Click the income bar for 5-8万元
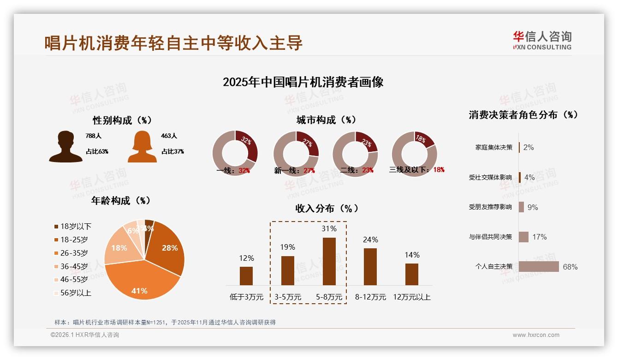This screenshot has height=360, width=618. tap(329, 261)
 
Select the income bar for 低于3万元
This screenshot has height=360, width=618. tap(246, 276)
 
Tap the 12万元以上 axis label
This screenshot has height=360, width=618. tap(411, 297)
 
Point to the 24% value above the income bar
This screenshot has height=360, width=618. tap(370, 240)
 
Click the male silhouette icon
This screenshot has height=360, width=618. tap(65, 147)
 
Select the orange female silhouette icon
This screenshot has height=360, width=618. tap(142, 147)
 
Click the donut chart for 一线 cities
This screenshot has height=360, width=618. tap(235, 154)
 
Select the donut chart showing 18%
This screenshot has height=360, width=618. tap(414, 154)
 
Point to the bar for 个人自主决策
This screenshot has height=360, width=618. tap(539, 266)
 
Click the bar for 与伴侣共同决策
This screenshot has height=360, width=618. tap(523, 237)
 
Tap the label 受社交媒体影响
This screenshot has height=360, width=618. tap(490, 177)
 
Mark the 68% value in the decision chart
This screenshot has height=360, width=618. tap(570, 267)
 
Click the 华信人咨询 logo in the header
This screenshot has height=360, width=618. tap(542, 41)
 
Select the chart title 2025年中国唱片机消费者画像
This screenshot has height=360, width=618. tap(303, 82)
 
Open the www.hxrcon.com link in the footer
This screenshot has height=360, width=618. tap(536, 335)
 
